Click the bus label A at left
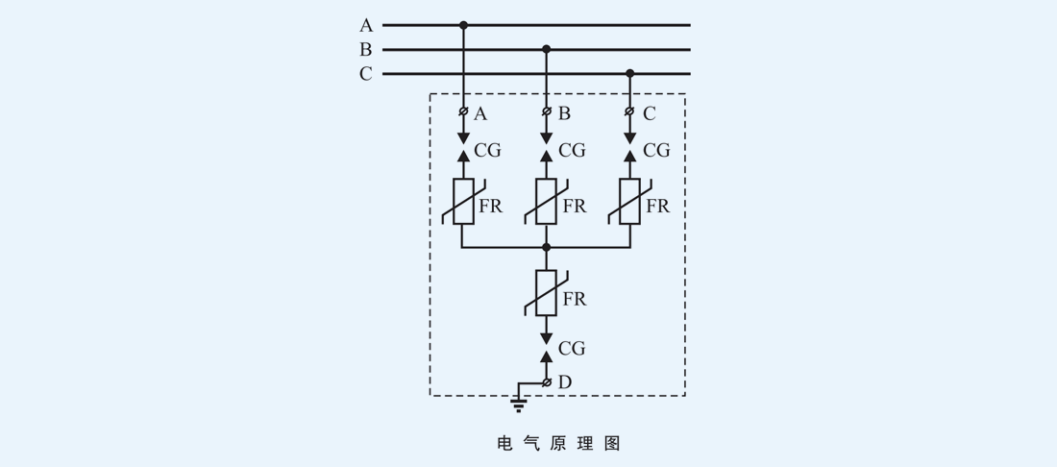pyautogui.click(x=366, y=26)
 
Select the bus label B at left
pyautogui.click(x=366, y=50)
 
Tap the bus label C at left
pyautogui.click(x=366, y=74)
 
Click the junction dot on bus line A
pyautogui.click(x=463, y=25)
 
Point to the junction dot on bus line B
pyautogui.click(x=547, y=49)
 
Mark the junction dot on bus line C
pyautogui.click(x=630, y=73)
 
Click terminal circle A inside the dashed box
pyautogui.click(x=463, y=112)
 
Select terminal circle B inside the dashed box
pyautogui.click(x=547, y=112)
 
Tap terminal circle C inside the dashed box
pyautogui.click(x=630, y=112)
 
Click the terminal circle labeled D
pyautogui.click(x=547, y=382)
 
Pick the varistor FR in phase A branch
pyautogui.click(x=463, y=202)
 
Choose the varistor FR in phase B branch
pyautogui.click(x=547, y=202)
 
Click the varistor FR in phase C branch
pyautogui.click(x=630, y=202)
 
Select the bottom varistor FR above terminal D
pyautogui.click(x=547, y=293)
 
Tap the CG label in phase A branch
pyautogui.click(x=487, y=151)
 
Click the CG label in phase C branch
pyautogui.click(x=656, y=151)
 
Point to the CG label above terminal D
pyautogui.click(x=572, y=349)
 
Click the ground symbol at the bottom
pyautogui.click(x=519, y=404)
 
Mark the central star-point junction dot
pyautogui.click(x=547, y=247)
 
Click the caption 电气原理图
pyautogui.click(x=558, y=443)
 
